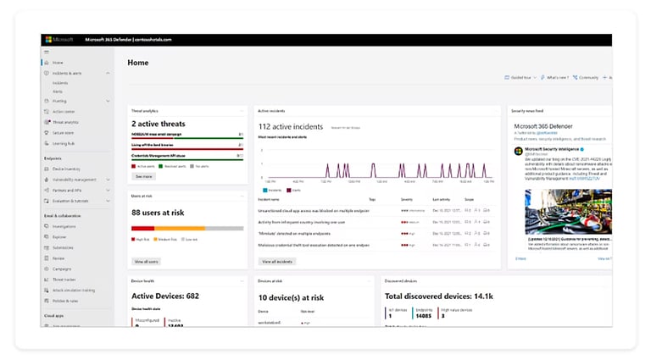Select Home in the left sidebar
pos(58,63)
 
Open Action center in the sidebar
pos(64,111)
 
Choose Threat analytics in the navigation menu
pos(65,122)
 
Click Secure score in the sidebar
pos(63,133)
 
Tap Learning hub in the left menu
pos(64,143)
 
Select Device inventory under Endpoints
pos(66,168)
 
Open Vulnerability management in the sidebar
pos(75,180)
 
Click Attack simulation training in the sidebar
pos(75,291)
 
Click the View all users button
pos(146,262)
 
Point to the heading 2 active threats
pos(159,125)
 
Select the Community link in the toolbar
pos(586,77)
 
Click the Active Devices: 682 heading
pos(164,296)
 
